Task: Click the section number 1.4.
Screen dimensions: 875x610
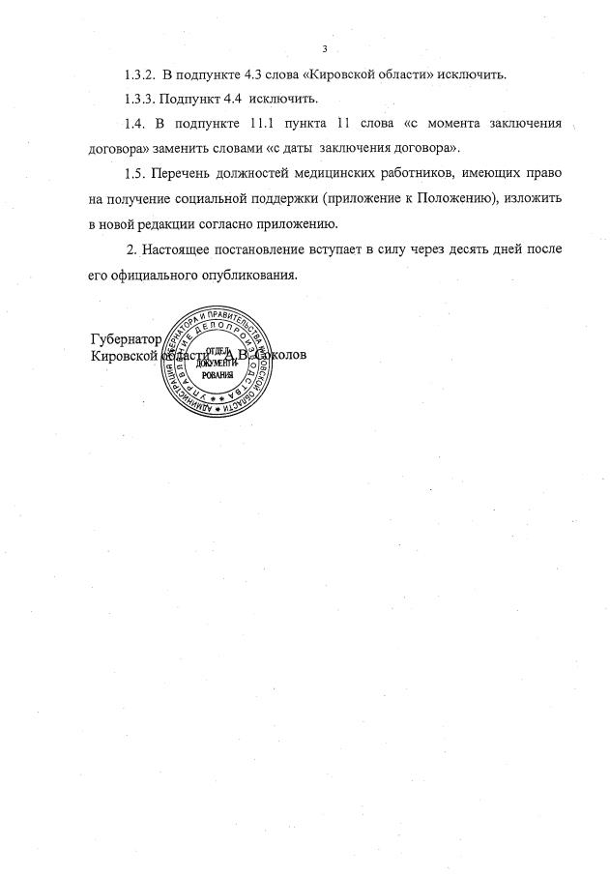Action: coord(137,126)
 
